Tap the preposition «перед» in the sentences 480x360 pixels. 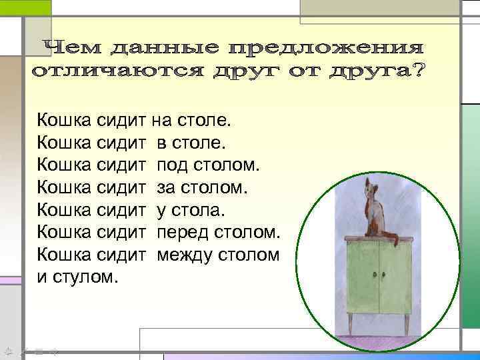click(x=179, y=233)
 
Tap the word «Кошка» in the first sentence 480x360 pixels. click(x=64, y=121)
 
